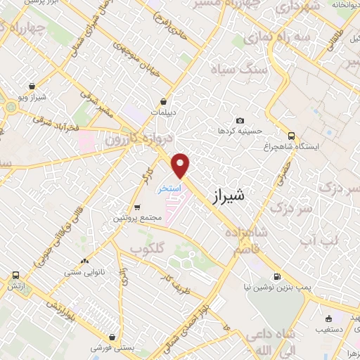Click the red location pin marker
pyautogui.click(x=181, y=165)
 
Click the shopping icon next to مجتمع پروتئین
pyautogui.click(x=136, y=207)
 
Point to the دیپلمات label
pyautogui.click(x=163, y=112)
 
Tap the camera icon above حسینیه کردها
pyautogui.click(x=240, y=121)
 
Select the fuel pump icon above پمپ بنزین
pyautogui.click(x=277, y=276)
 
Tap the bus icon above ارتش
pyautogui.click(x=15, y=276)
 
